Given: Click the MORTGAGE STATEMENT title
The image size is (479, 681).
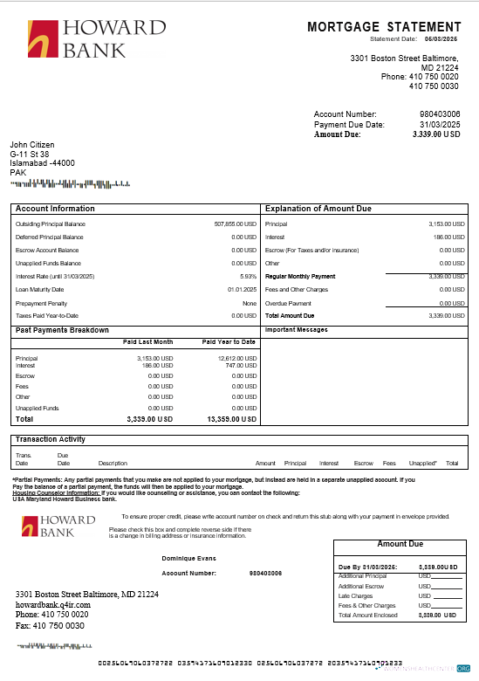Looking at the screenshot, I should [384, 28].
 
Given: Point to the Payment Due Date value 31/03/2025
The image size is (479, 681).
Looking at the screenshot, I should [440, 124].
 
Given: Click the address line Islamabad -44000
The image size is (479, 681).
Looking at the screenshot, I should [42, 163].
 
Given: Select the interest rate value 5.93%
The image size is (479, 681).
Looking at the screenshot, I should [248, 276].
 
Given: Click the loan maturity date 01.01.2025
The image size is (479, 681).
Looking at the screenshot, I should [242, 289].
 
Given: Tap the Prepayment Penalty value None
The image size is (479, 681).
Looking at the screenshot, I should [250, 302].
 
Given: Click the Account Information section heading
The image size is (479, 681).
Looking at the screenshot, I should [56, 210].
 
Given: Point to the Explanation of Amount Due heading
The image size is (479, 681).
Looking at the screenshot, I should [318, 210].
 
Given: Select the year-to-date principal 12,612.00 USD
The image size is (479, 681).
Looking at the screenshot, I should [236, 358].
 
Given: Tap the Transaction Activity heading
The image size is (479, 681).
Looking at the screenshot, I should [51, 439].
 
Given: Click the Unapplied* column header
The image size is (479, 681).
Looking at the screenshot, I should [422, 464].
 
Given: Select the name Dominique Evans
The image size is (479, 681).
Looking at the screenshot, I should [188, 557].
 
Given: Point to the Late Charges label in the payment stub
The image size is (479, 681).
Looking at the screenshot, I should [355, 596].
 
